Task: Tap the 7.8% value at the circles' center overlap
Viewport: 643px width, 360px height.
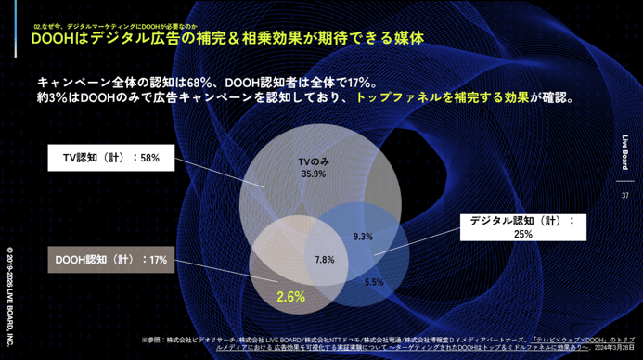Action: point(325,259)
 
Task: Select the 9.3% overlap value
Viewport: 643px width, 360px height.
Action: point(364,237)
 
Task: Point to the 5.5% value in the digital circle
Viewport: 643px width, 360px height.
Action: point(374,281)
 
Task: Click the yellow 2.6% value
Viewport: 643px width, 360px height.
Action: point(290,297)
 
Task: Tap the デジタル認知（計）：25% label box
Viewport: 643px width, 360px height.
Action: point(521,227)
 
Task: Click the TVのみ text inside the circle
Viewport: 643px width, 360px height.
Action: point(314,161)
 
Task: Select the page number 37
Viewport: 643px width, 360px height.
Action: point(625,196)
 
